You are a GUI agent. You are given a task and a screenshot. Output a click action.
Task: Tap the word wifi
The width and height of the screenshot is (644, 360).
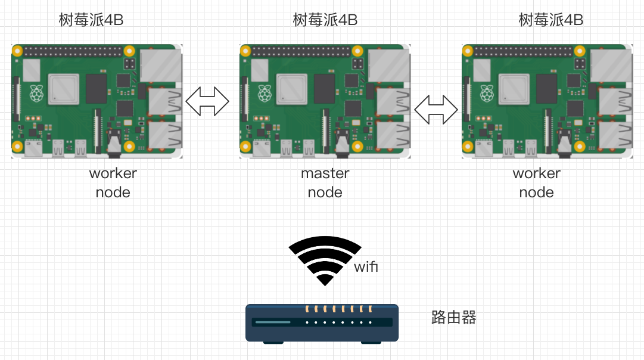point(366,267)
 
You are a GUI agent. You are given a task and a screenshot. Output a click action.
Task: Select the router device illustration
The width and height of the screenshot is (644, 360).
point(322,322)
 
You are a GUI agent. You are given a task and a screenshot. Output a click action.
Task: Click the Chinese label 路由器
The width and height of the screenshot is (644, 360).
point(454,317)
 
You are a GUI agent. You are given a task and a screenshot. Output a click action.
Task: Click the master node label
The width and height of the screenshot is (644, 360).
point(325,182)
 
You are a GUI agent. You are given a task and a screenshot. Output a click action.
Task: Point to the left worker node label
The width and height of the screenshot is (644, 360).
point(113,182)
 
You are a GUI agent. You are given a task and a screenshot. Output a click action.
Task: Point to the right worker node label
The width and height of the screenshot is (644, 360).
point(536,182)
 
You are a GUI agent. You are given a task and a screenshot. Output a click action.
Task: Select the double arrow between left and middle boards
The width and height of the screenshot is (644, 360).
point(207,101)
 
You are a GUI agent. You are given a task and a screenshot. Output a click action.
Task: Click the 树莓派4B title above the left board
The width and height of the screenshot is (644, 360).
point(91,20)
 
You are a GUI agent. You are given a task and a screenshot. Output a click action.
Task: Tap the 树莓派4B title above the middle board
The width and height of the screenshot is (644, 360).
point(325,20)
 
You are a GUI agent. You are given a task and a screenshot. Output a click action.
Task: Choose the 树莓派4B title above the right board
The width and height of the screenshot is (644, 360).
point(550,20)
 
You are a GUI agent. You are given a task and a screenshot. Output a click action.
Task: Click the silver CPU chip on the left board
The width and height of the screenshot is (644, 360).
point(64,89)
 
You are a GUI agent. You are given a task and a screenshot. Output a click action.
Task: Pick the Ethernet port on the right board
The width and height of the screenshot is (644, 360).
point(611,64)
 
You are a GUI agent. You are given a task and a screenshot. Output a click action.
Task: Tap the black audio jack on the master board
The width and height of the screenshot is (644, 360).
point(341,143)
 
